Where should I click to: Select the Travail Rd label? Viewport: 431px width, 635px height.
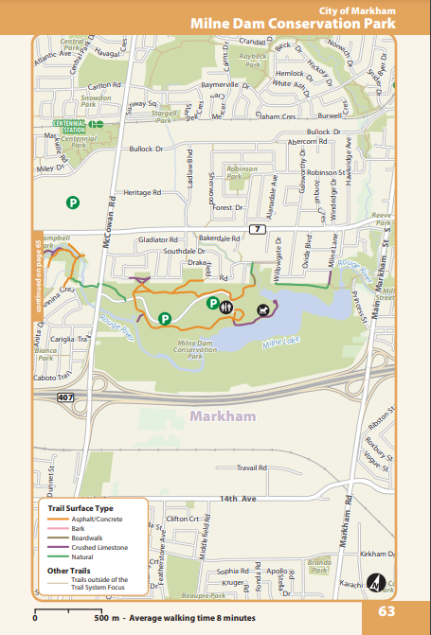point(253,467)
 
